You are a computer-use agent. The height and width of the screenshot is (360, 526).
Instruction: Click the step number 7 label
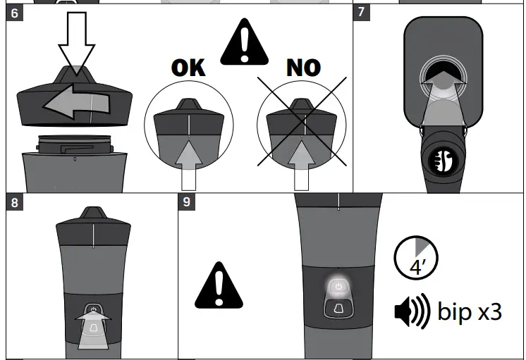pos(362,14)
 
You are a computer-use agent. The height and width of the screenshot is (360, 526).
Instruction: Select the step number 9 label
pos(188,202)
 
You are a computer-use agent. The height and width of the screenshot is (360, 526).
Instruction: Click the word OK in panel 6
pos(188,68)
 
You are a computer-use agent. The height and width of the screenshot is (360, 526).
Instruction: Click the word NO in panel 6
pos(303,68)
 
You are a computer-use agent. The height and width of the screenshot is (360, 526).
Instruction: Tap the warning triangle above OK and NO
pos(245,43)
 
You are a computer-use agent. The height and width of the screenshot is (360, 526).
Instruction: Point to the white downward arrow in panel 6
pos(76,42)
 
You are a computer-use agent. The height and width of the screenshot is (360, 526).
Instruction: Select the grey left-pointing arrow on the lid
pos(74,103)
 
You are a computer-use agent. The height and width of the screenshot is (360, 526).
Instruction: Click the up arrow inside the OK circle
pos(188,164)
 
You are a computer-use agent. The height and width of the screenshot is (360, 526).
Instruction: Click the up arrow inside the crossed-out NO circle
pos(302,164)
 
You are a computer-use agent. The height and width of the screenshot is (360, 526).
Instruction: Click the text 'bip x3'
pos(470,311)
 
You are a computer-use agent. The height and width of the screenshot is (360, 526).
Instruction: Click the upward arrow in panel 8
pos(92,329)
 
